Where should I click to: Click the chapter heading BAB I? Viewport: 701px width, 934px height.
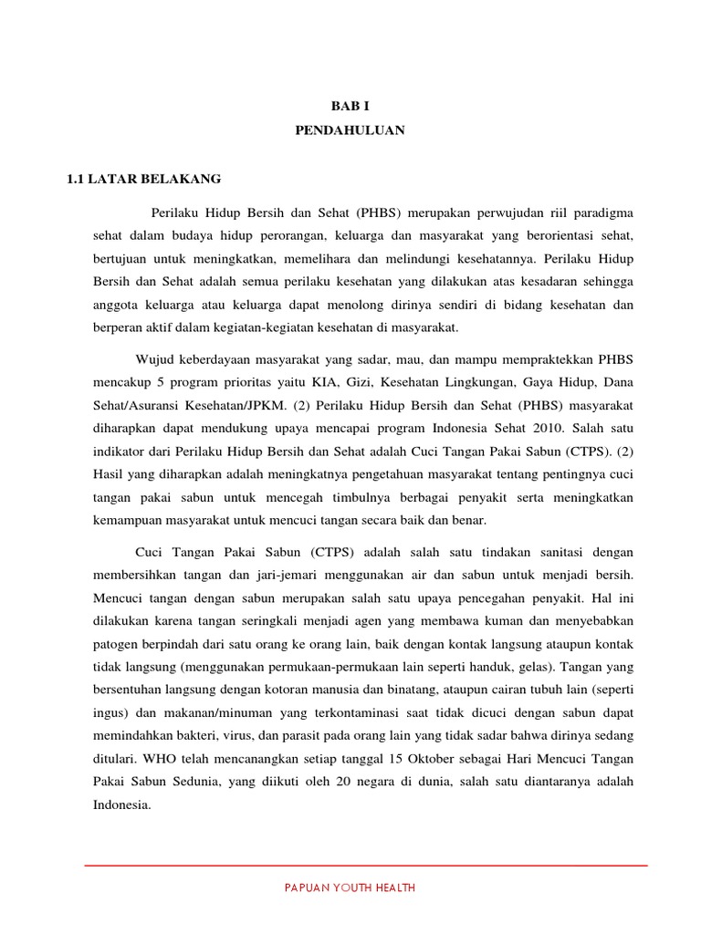coord(350,107)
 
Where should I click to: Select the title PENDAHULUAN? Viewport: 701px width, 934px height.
coord(350,130)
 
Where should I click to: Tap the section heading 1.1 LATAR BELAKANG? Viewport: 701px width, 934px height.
coord(144,179)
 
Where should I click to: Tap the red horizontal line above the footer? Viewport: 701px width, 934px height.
coord(365,865)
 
